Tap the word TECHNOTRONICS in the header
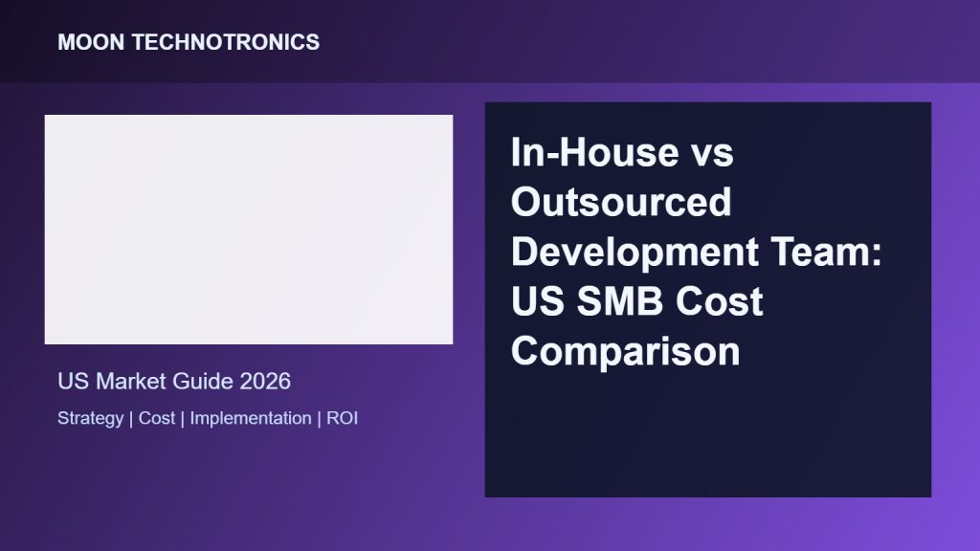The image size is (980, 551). coord(226,42)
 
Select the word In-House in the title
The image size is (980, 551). coord(594,152)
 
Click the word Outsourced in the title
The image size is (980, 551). coord(621,202)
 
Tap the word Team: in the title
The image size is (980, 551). coord(826,252)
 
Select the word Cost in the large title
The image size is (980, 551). coord(720,301)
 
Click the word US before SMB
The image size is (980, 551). coord(538,301)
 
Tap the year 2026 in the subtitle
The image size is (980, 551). coord(265,381)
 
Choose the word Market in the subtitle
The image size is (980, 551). coord(130,381)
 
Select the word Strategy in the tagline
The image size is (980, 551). coord(91,419)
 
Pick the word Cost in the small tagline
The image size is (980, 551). coord(157,418)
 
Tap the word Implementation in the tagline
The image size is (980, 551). coord(251,419)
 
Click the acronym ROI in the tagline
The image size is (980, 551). coord(342,418)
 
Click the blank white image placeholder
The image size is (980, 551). coord(249,230)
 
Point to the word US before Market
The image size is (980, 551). coord(73,381)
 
